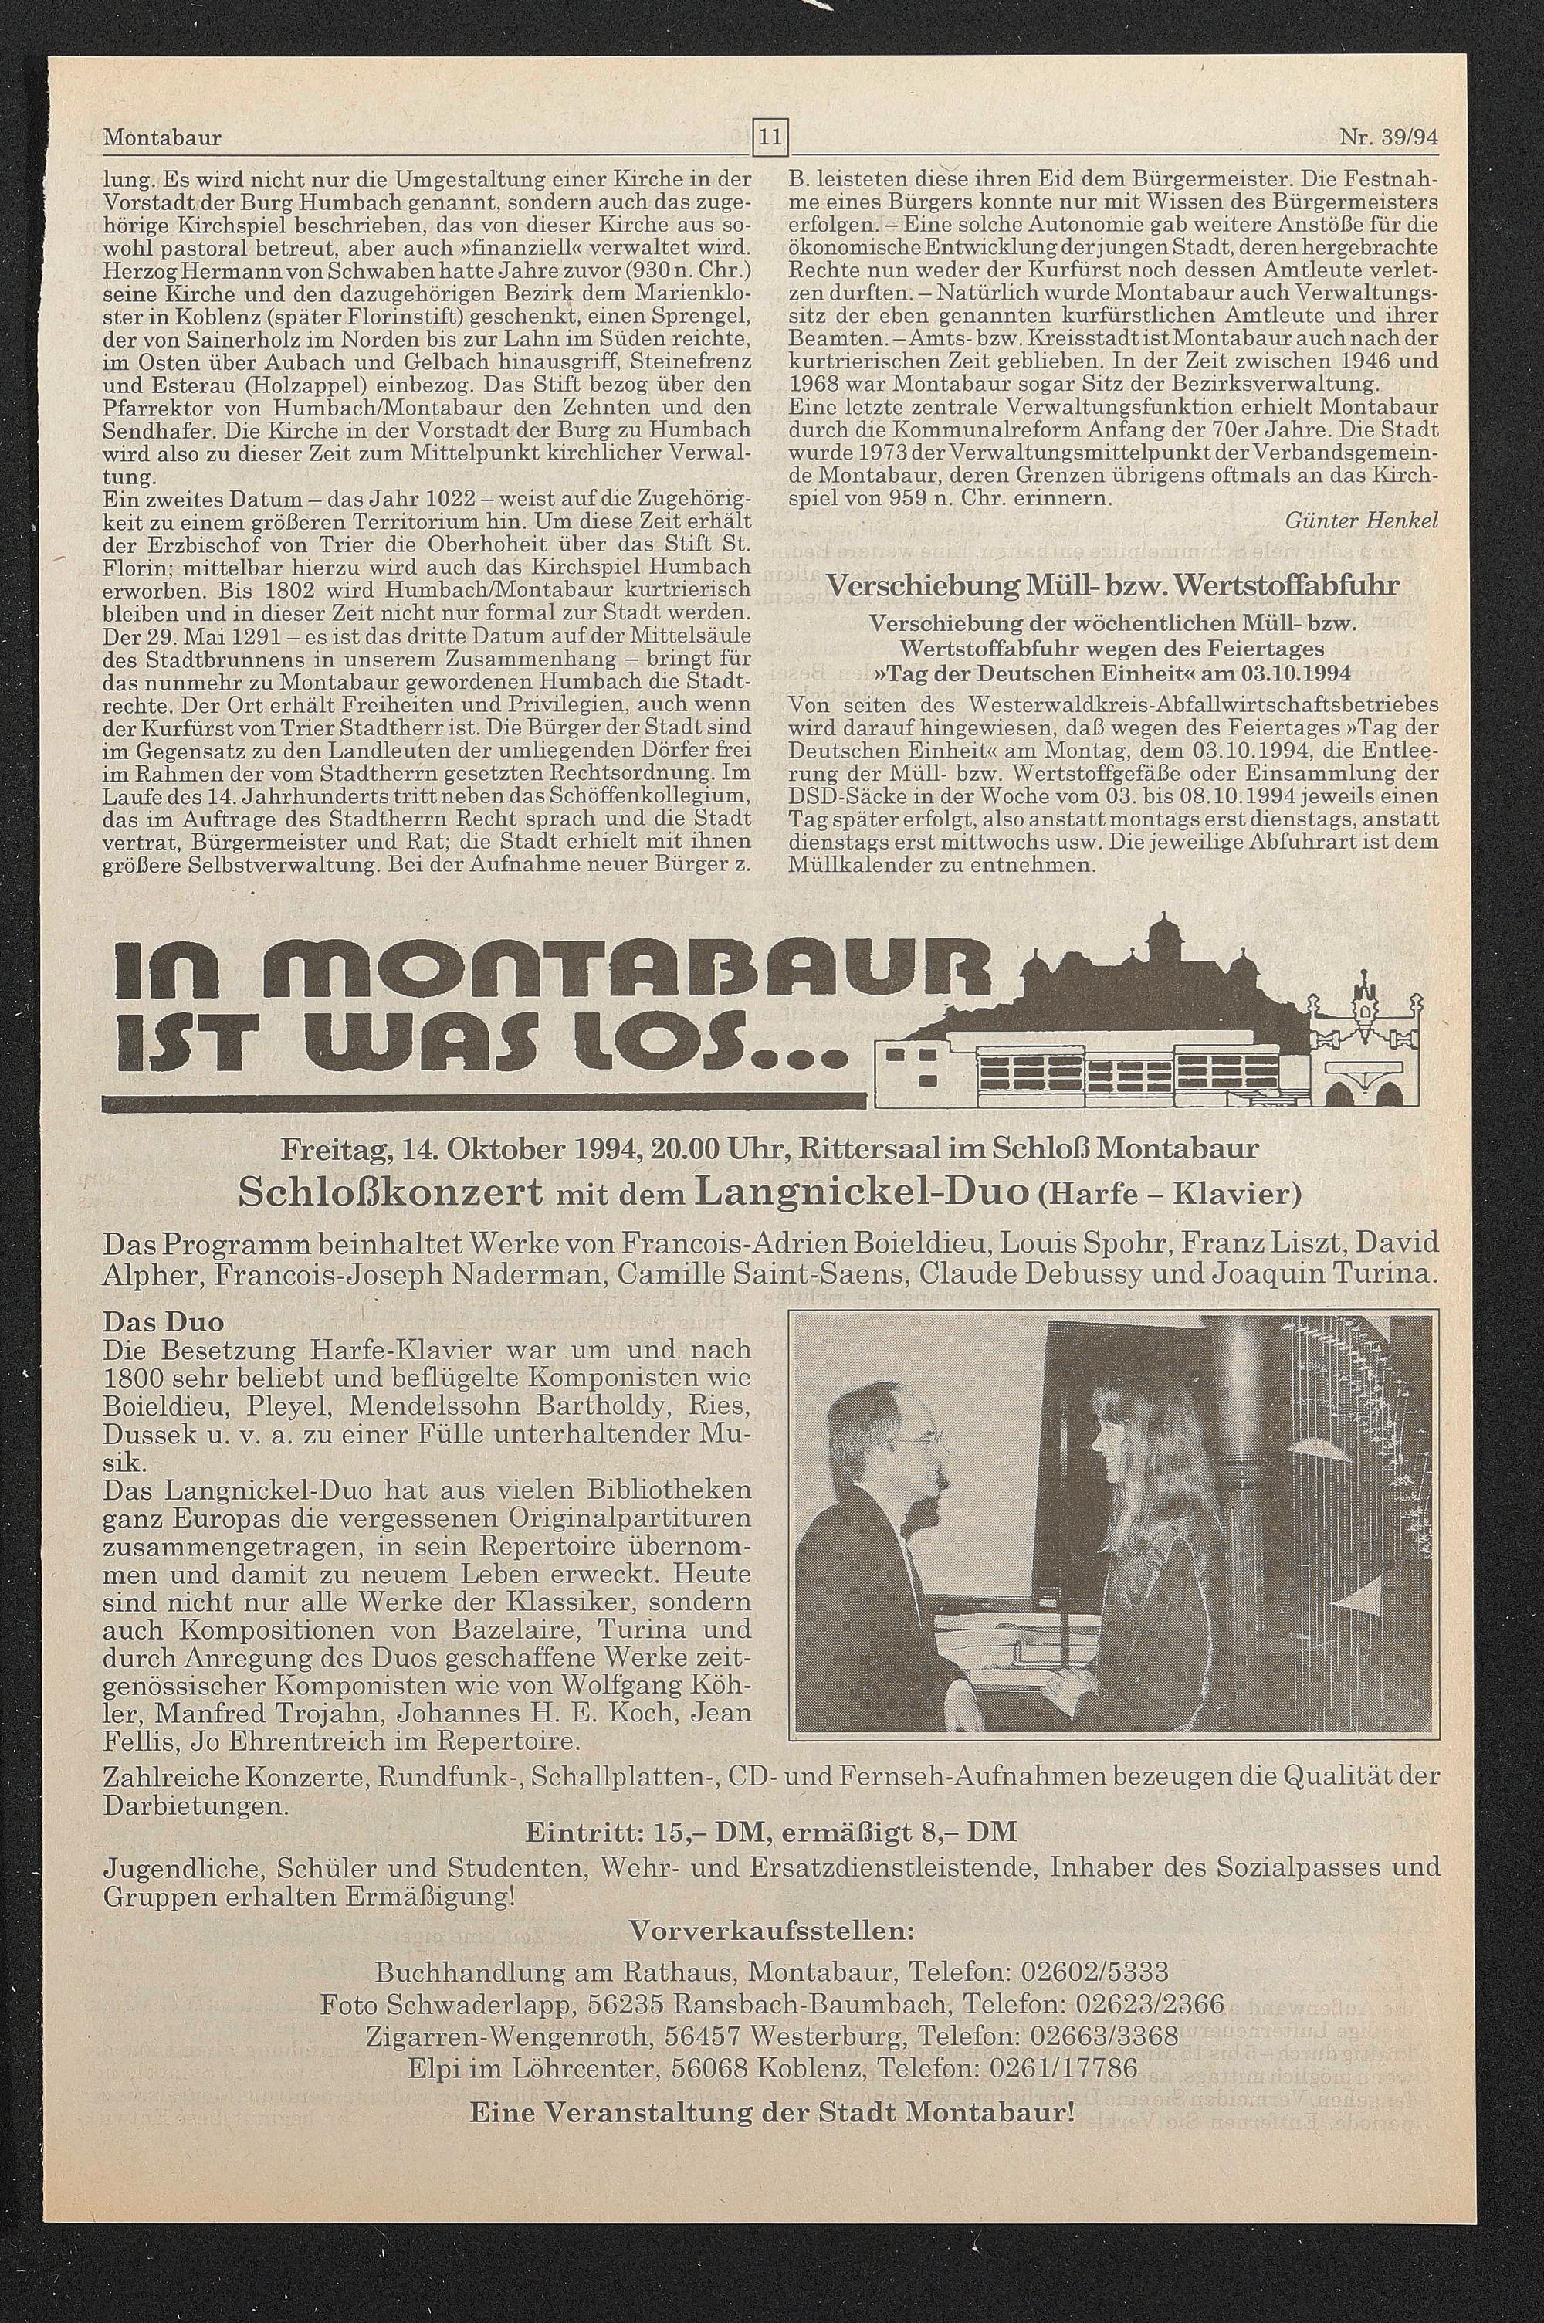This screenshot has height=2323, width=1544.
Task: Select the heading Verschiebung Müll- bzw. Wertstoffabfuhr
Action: [x=1112, y=586]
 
